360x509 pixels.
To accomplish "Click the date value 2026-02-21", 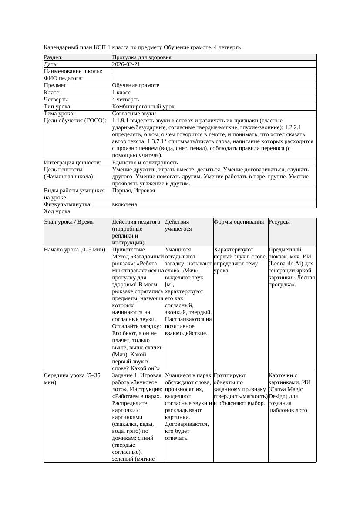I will click(126, 64).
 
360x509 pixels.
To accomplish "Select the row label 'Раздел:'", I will click(54, 57).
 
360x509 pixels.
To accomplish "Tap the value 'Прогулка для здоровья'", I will click(141, 57).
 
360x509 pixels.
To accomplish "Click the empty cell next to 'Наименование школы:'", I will click(214, 71).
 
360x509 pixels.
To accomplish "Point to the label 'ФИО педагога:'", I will click(64, 78).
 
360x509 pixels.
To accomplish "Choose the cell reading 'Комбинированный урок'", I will click(143, 106).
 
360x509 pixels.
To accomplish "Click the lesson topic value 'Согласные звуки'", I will click(134, 114).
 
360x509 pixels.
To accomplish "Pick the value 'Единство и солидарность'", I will click(145, 163).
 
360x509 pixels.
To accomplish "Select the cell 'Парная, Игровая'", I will click(133, 191).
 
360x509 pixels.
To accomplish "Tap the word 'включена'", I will click(124, 204).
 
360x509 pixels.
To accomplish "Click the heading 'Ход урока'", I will click(57, 211).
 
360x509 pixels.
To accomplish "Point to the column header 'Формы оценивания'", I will click(239, 222).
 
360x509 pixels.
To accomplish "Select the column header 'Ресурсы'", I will click(279, 222).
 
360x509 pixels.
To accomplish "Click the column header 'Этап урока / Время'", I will click(69, 222).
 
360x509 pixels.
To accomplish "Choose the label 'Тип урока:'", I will click(58, 106).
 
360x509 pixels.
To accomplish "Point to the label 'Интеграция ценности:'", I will click(72, 163).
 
